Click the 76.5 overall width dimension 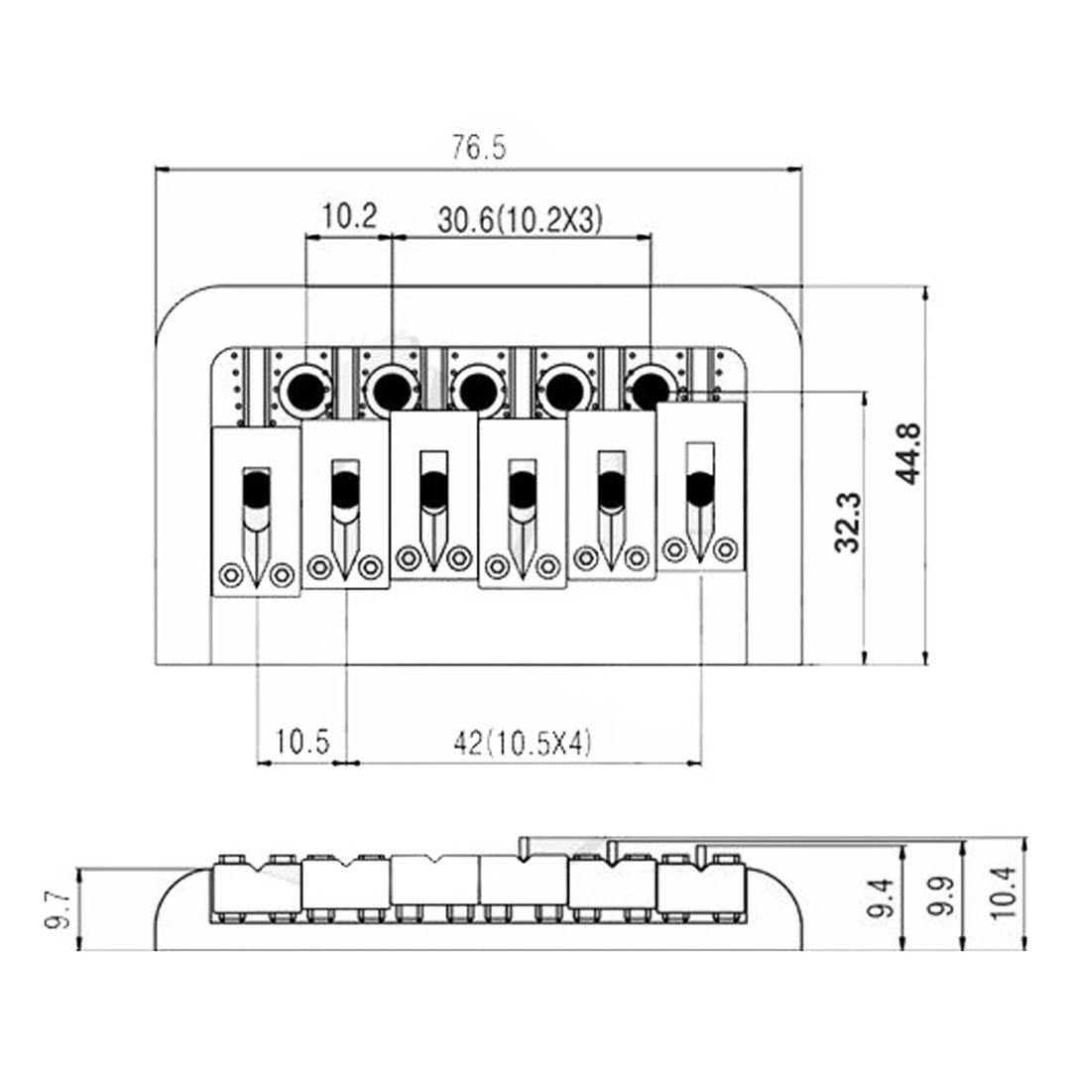tap(479, 148)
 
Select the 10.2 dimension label tap(349, 217)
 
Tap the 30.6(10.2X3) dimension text tap(520, 220)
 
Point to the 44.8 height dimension tap(908, 454)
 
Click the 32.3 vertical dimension tap(848, 522)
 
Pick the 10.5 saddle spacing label tap(302, 741)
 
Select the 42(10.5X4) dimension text tap(522, 743)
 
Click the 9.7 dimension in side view tap(58, 909)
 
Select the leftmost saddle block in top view tap(256, 512)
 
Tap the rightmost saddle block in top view tap(701, 486)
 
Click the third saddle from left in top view tap(434, 496)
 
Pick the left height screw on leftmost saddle tap(231, 575)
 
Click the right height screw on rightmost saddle tap(726, 548)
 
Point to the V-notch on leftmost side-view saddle tap(257, 868)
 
